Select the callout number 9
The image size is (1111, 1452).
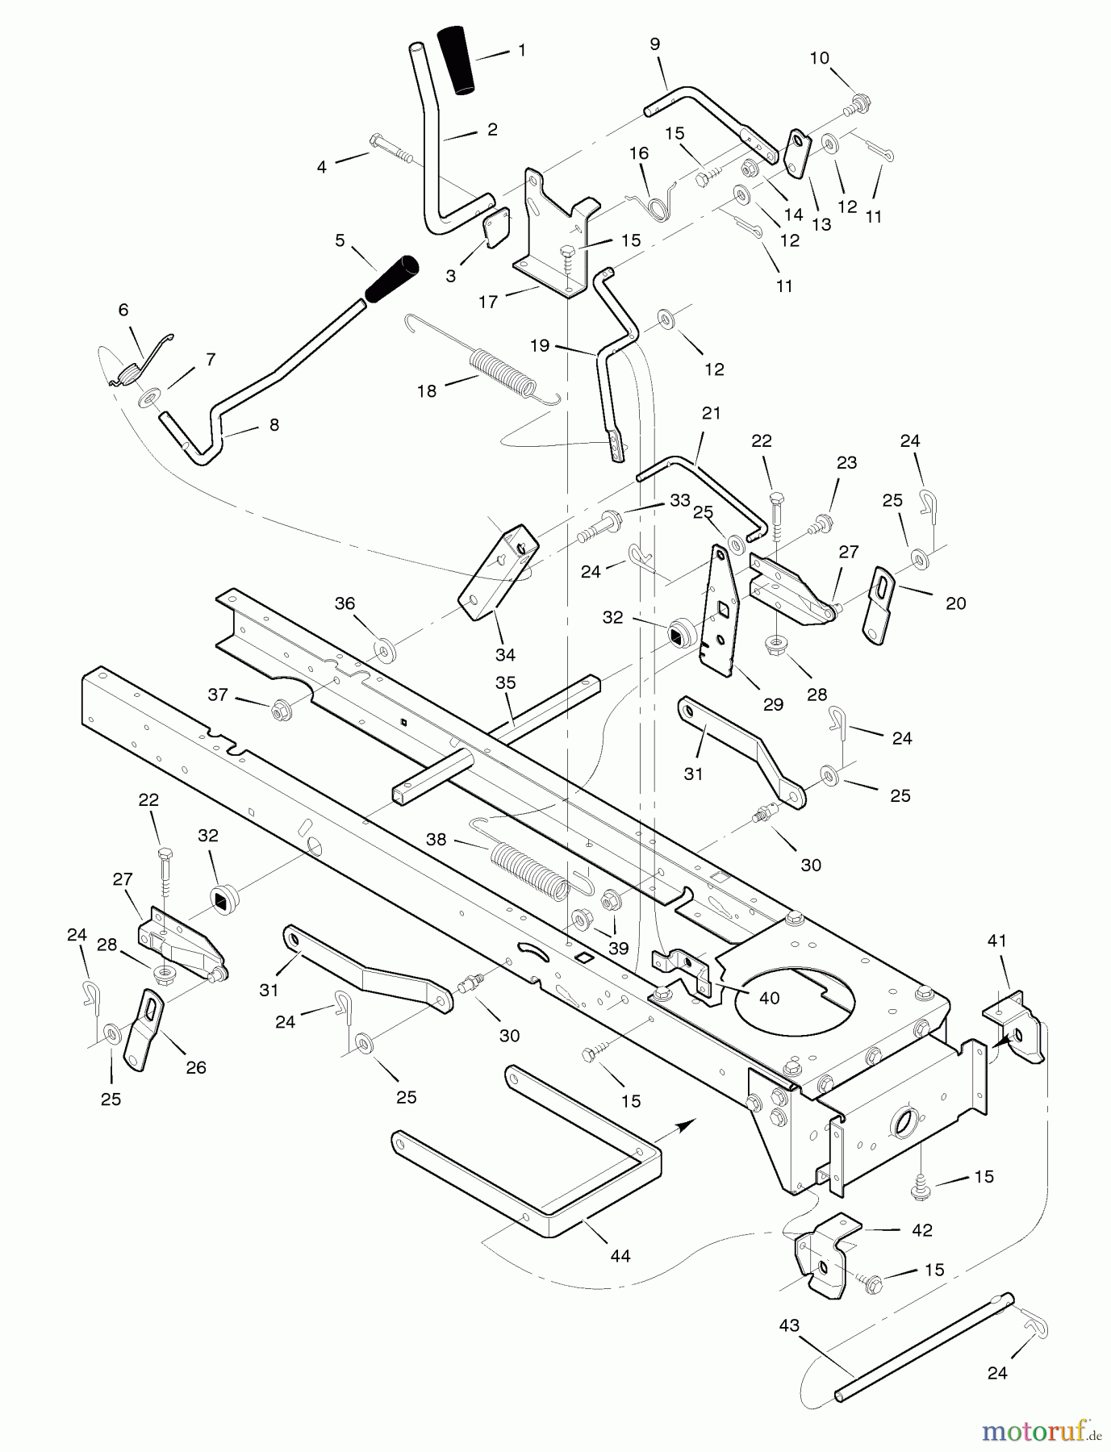(654, 44)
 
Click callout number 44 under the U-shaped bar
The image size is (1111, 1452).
(620, 1255)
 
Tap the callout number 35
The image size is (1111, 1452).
(506, 683)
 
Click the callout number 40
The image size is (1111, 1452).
(769, 998)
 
